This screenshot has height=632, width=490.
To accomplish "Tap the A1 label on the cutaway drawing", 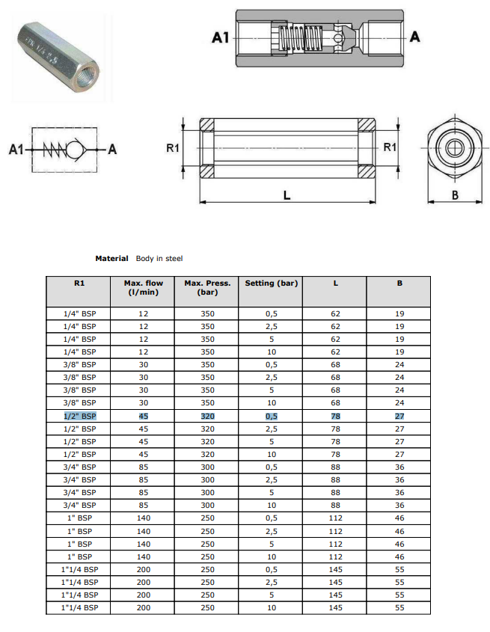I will coord(219,37).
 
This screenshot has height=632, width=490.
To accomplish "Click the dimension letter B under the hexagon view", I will coord(456,196).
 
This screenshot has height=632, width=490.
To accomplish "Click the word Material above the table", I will coord(111,259).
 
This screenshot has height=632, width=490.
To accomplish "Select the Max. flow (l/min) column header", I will coord(143,288).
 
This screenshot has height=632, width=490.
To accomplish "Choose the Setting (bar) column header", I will coord(271,283).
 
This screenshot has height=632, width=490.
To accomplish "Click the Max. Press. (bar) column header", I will coord(207,288).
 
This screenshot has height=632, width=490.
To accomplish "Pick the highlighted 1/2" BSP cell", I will coord(80,416).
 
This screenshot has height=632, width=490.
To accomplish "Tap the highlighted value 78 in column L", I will coord(335,416).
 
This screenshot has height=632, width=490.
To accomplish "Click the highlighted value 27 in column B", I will coord(399,416).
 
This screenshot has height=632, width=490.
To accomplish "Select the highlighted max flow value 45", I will coord(143,416).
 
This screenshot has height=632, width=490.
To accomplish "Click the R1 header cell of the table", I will coord(79,283).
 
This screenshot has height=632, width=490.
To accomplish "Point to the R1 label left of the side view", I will coord(172,148).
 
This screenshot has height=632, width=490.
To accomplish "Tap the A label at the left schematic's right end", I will coord(112,150).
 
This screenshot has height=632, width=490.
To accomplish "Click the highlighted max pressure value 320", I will coord(207,416).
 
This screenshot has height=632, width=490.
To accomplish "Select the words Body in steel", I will coord(159,259).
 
